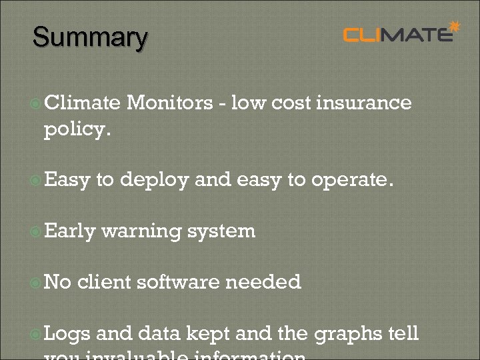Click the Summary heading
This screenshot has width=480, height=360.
90,37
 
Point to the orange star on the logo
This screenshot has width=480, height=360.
455,27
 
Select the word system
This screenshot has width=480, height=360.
221,231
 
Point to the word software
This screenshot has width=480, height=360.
178,282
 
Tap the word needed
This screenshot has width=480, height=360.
263,282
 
